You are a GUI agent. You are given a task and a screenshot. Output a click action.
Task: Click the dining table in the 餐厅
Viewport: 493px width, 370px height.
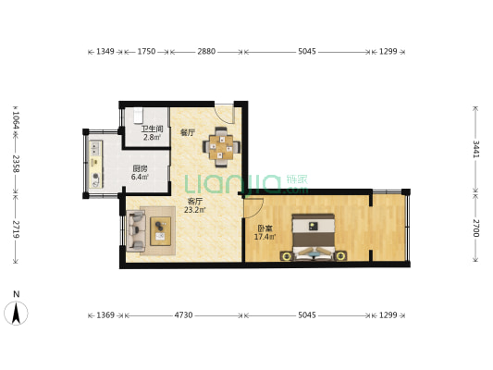point(221,147)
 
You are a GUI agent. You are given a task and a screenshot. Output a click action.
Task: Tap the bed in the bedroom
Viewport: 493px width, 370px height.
point(314,238)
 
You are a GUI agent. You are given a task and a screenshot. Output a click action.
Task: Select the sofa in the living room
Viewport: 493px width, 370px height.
point(136,231)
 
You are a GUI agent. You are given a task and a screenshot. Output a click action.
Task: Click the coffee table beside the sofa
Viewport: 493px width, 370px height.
point(160,231)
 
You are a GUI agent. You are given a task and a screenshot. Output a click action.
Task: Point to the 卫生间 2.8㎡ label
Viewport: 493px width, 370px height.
point(152,133)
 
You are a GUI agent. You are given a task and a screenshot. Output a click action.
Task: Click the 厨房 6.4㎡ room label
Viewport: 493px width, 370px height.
point(140,173)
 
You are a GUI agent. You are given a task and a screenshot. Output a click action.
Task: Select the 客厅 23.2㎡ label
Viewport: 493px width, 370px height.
point(194,205)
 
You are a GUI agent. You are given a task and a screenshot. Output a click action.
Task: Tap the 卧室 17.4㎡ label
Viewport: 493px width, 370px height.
point(265,232)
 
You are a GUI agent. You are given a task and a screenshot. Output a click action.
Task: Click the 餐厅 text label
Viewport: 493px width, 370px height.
point(187,132)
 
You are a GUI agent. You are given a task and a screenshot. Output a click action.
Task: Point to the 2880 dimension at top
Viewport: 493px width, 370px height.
point(206,51)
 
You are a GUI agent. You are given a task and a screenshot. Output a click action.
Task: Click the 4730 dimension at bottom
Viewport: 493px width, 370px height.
point(184,314)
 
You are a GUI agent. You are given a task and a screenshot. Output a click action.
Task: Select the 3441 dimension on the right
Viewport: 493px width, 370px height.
point(476,149)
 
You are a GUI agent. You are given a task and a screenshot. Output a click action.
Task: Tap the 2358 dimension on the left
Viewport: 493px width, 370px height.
point(16,163)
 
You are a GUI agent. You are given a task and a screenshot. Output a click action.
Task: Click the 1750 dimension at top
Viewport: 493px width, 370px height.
point(146,51)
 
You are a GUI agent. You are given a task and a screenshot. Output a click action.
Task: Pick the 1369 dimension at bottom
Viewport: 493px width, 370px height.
point(105,314)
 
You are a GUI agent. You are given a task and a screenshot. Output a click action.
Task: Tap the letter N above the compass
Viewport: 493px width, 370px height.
point(17,294)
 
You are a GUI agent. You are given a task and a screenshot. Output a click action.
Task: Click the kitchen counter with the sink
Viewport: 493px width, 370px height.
point(96,164)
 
